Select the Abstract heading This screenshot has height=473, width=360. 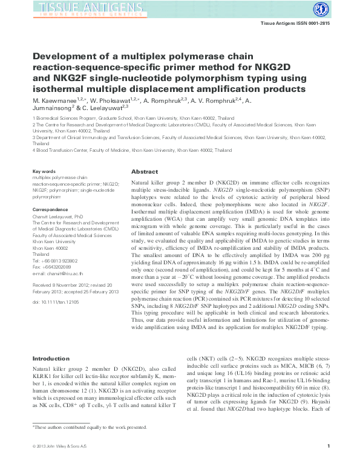(145, 172)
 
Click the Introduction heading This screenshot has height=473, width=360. (52, 359)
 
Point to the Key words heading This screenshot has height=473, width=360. (44, 172)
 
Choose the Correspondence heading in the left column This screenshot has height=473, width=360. (50, 210)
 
